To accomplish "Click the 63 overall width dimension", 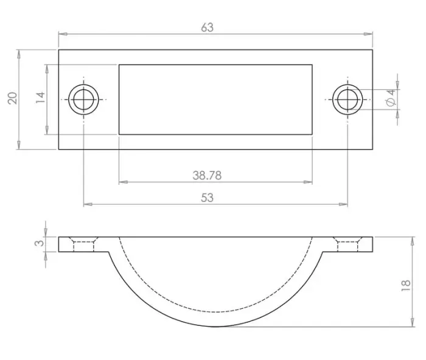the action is (x=208, y=27).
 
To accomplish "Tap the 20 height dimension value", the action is (x=13, y=98).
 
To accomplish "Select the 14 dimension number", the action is (x=40, y=97).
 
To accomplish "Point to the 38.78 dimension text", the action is (x=207, y=175).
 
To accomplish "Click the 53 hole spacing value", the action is (x=207, y=198).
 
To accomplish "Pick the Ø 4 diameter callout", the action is (x=391, y=98).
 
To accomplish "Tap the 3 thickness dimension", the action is (x=39, y=243).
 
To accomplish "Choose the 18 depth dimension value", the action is (x=406, y=286).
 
